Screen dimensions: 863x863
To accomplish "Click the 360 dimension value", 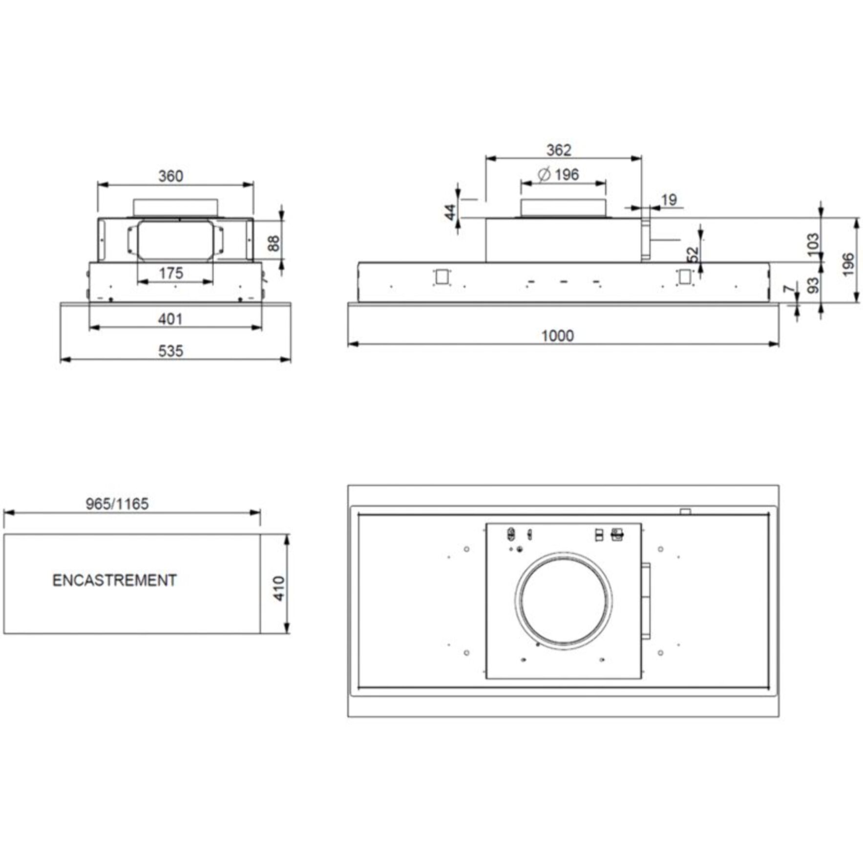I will click(170, 176).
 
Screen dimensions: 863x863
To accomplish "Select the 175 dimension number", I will click(171, 273).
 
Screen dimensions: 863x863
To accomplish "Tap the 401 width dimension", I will click(170, 319).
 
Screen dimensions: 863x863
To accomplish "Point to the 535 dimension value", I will click(170, 351).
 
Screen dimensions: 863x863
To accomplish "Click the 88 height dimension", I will click(274, 243).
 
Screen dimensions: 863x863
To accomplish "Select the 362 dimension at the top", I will click(558, 150).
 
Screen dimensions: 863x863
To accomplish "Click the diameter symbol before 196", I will click(544, 174).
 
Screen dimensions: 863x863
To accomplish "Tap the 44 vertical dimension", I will click(450, 212).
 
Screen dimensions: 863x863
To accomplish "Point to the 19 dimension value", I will click(669, 199).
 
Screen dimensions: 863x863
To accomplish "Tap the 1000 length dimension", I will click(557, 336).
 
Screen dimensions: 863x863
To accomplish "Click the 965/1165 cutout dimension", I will click(117, 504).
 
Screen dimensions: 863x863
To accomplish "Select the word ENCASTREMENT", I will click(114, 580).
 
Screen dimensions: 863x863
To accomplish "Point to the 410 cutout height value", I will click(278, 588).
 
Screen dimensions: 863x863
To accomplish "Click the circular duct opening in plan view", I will click(564, 601).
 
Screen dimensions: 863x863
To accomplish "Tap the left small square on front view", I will click(442, 277).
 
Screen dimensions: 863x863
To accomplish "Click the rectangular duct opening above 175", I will click(175, 240).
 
